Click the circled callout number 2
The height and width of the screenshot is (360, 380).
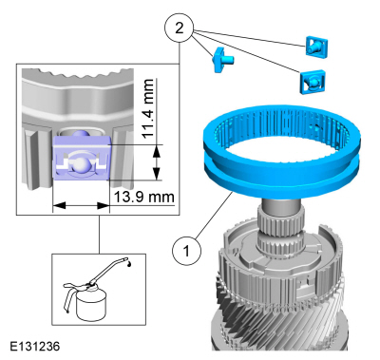coord(179,28)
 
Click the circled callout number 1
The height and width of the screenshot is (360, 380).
coord(186,251)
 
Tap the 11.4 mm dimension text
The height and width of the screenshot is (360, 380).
coord(148,108)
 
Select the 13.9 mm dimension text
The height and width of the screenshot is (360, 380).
coord(143,197)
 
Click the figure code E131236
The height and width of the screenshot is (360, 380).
coord(34,346)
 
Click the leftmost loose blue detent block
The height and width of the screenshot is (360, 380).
coord(222,60)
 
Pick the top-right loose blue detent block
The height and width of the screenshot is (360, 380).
coord(316,47)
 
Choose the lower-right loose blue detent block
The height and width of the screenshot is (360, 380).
coord(313,82)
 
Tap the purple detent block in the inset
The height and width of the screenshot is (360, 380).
coord(81,158)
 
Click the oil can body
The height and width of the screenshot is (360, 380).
coord(90,305)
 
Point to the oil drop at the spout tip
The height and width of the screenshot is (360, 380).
coord(130,263)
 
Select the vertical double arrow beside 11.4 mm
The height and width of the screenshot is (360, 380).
coord(156,162)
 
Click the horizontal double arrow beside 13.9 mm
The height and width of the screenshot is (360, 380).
coord(81,205)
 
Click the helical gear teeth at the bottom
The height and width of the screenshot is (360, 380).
coord(278,320)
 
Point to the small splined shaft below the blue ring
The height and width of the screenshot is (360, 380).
coord(281,229)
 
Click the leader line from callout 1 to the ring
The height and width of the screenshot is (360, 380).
coord(215,216)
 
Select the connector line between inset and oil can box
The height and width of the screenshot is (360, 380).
coord(99,235)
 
